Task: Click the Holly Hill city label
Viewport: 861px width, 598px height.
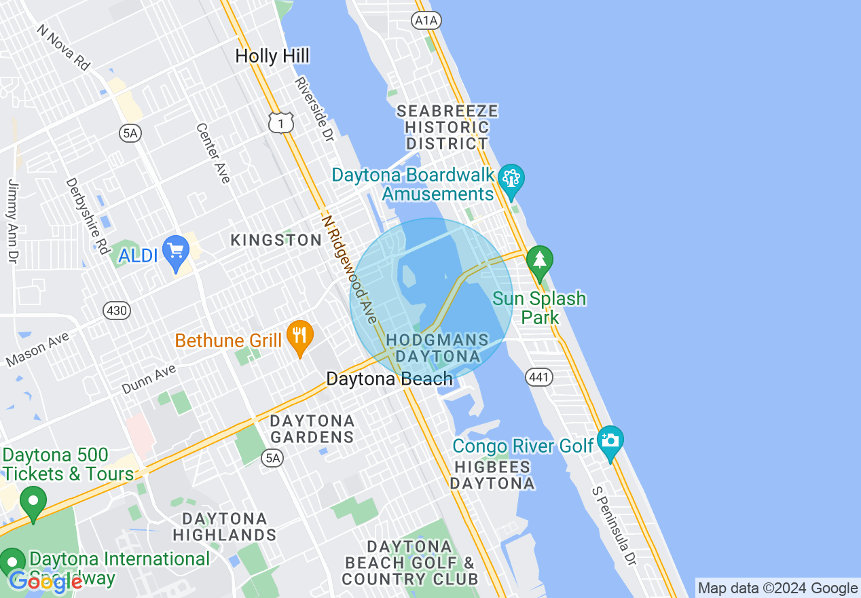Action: click(272, 56)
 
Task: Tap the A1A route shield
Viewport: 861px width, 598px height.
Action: click(426, 20)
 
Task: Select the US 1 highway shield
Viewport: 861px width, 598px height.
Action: click(280, 122)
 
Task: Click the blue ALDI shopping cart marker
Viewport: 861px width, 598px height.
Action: click(177, 253)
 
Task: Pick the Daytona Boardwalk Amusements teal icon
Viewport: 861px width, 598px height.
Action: click(511, 180)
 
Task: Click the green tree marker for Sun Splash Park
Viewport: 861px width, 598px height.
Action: click(540, 262)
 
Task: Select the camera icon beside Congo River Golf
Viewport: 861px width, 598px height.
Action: click(610, 441)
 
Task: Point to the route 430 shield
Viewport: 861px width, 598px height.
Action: click(116, 311)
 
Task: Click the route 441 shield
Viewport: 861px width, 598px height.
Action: click(539, 377)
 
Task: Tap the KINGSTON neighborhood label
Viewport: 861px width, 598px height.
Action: click(276, 240)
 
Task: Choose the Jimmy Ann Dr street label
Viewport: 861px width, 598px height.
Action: click(12, 221)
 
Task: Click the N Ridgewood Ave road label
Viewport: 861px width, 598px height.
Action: click(349, 269)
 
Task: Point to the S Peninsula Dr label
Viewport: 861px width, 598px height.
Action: click(614, 526)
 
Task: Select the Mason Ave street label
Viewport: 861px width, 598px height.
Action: click(38, 349)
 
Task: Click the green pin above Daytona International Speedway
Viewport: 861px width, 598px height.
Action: click(32, 503)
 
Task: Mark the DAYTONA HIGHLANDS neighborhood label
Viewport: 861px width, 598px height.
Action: click(225, 527)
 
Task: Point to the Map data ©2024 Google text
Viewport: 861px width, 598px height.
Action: click(777, 588)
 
